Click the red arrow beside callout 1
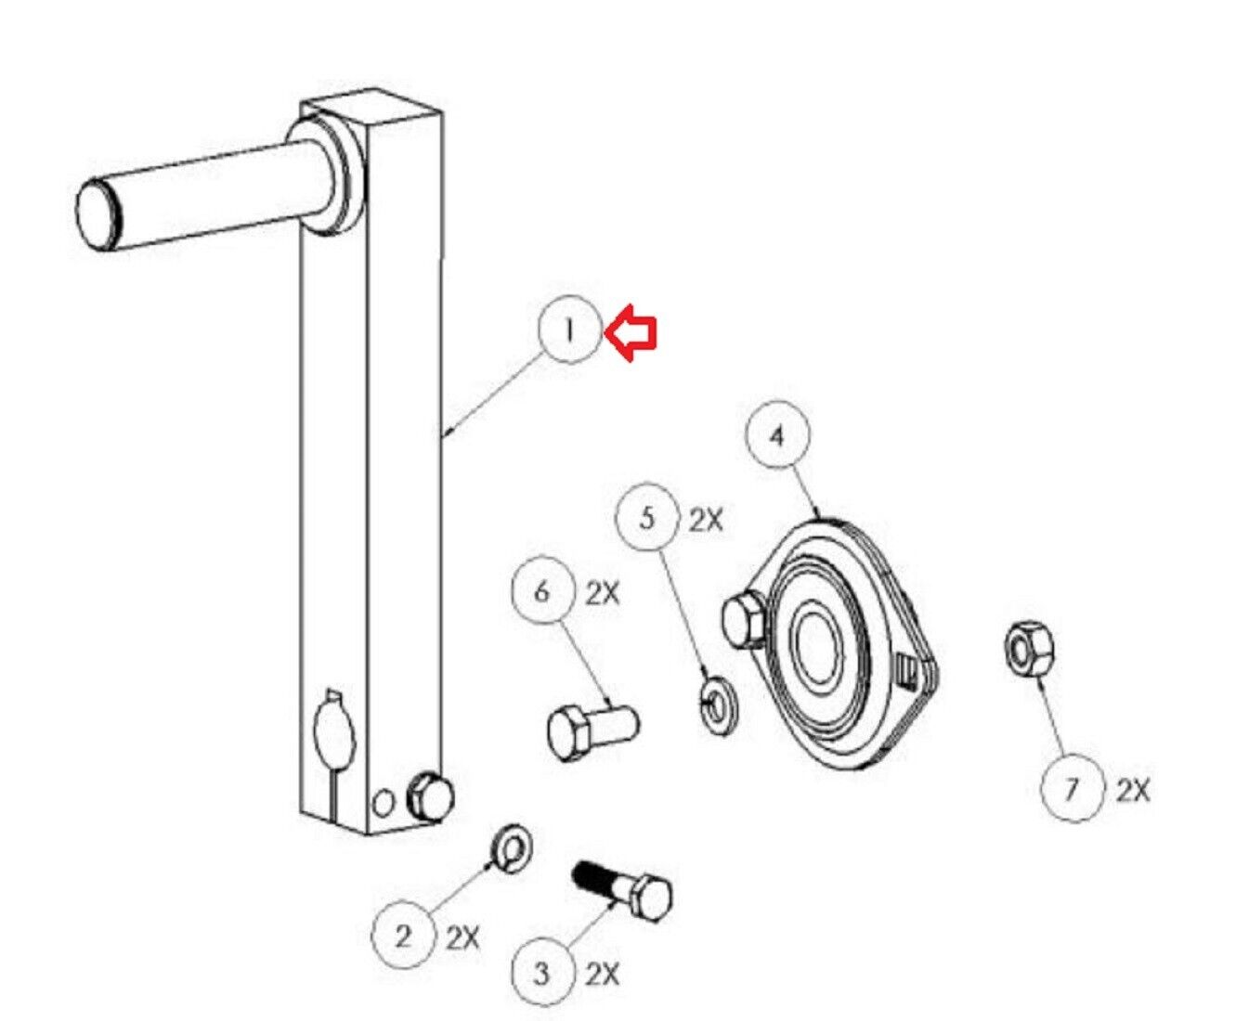point(631,332)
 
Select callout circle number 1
point(570,330)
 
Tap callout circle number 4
point(777,436)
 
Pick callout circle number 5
point(647,519)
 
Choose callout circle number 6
point(543,592)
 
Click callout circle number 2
point(403,936)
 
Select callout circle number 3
point(542,973)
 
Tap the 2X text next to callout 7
point(1133,791)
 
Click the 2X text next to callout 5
point(706,521)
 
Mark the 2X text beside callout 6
point(603,594)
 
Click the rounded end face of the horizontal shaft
point(96,213)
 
